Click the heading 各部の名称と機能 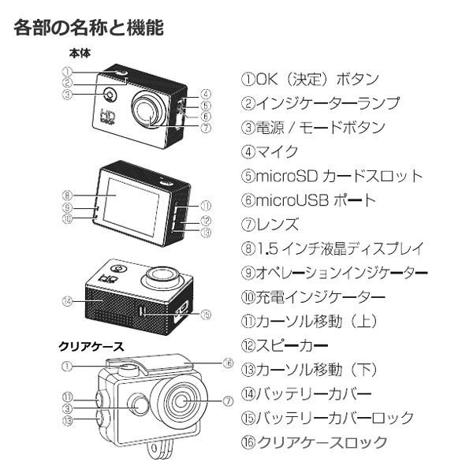click(89, 28)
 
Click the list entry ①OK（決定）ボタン click(310, 79)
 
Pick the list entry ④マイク click(270, 151)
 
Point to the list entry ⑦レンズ click(270, 224)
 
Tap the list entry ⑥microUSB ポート click(309, 199)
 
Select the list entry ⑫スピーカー click(284, 345)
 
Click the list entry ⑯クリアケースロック click(314, 442)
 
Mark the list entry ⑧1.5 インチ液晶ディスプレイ click(333, 248)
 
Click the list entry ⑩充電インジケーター click(313, 297)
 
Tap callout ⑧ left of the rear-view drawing click(67, 195)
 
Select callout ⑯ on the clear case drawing click(228, 363)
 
